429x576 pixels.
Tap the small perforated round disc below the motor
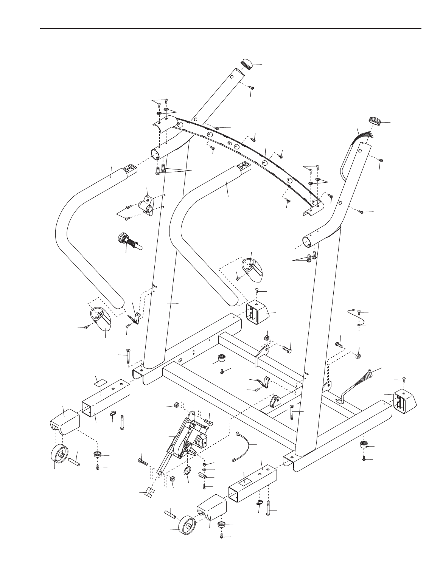pyautogui.click(x=187, y=471)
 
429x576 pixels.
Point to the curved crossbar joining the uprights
pyautogui.click(x=242, y=151)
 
